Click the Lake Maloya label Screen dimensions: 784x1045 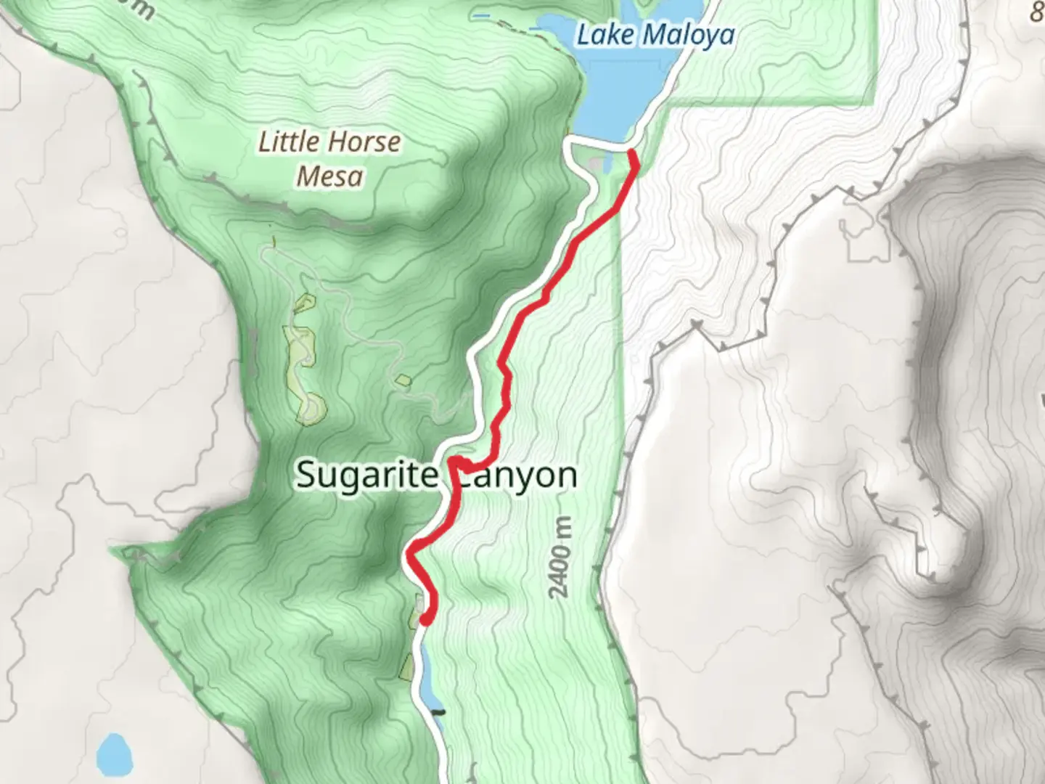655,34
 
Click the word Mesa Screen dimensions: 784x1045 330,176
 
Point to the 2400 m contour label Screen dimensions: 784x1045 560,558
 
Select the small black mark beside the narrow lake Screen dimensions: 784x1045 438,711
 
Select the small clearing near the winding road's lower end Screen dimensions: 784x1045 403,379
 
